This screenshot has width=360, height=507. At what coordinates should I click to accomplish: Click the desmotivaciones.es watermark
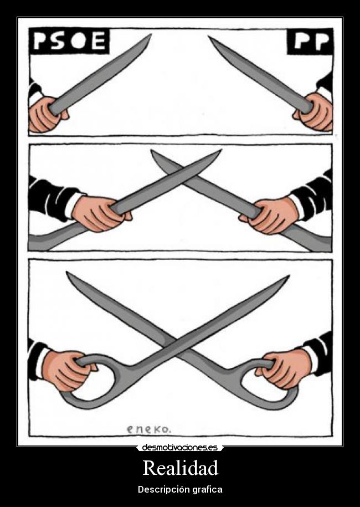[x=180, y=447]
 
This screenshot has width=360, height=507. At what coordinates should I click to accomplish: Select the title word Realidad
[x=180, y=468]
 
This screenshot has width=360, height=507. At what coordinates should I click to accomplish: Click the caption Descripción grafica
[x=180, y=490]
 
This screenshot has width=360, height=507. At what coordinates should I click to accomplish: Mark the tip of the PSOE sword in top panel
[x=150, y=35]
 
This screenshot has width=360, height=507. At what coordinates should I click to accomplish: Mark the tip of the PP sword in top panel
[x=210, y=38]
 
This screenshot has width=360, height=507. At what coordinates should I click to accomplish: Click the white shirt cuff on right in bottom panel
[x=308, y=359]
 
